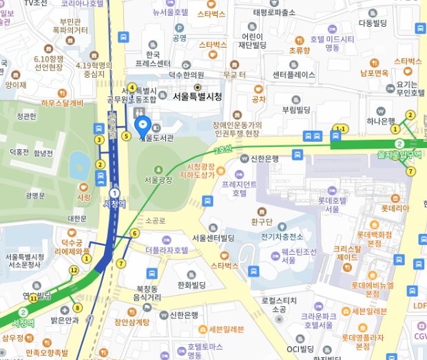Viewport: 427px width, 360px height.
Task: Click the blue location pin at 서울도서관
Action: [x=143, y=125]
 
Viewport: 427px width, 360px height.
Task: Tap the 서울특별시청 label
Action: [x=197, y=97]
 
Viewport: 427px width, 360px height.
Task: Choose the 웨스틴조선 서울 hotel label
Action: [x=299, y=256]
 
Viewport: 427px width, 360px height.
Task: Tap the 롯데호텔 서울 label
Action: [x=333, y=204]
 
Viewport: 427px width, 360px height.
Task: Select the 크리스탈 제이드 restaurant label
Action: [x=347, y=253]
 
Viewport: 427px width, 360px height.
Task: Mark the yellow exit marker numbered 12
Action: [x=74, y=269]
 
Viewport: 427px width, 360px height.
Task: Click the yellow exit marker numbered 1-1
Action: [x=340, y=128]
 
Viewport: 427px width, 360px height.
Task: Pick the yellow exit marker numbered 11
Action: [x=32, y=298]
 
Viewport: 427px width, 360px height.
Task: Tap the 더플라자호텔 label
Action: [x=166, y=250]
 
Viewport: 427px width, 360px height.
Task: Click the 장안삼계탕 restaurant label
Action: [x=132, y=321]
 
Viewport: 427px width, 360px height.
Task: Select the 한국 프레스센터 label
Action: [x=153, y=59]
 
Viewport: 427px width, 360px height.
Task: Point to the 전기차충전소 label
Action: [x=282, y=236]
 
